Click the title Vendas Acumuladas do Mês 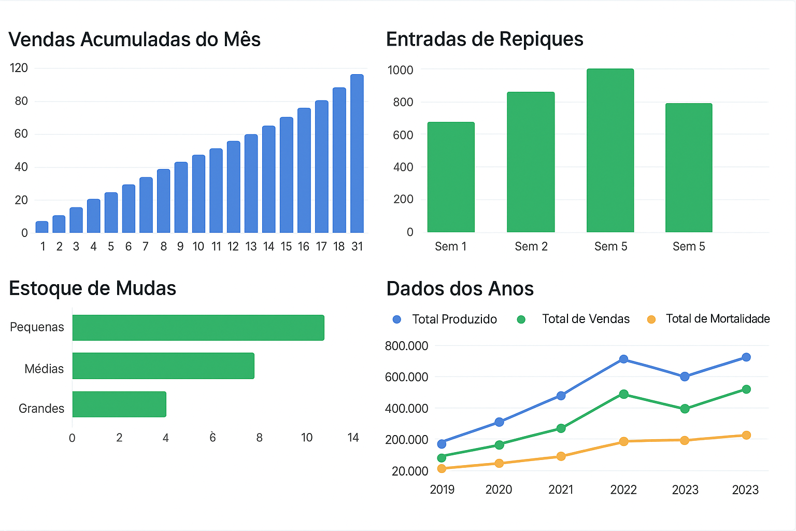tap(134, 40)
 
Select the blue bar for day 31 tap(357, 153)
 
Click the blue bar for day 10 tap(198, 194)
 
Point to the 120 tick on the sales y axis tap(19, 68)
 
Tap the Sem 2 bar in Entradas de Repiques tap(531, 162)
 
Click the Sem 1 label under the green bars tap(450, 247)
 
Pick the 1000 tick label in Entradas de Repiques tap(401, 70)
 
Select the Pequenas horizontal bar tap(198, 328)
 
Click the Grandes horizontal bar tap(119, 404)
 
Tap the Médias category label tap(44, 369)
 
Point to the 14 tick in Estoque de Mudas tap(353, 438)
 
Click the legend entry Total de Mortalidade tap(717, 319)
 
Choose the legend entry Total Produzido tap(454, 319)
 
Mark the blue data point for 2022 tap(623, 359)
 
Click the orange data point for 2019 tap(442, 469)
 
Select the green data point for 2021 tap(561, 428)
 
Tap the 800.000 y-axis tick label tap(406, 346)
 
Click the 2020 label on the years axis tap(499, 490)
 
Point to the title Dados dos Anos tap(460, 289)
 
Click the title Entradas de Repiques tap(485, 39)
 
